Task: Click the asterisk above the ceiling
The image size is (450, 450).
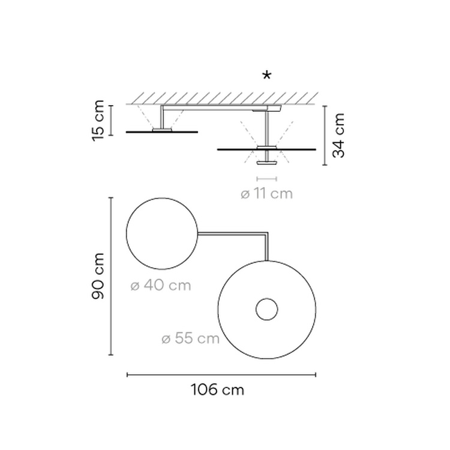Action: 267,76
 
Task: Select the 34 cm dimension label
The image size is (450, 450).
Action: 338,136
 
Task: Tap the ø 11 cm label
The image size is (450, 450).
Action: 266,194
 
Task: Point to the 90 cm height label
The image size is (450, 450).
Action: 98,276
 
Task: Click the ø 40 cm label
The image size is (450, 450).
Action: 161,286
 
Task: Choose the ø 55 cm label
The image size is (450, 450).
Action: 191,338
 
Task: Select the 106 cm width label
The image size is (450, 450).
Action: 218,390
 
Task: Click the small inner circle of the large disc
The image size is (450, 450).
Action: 266,298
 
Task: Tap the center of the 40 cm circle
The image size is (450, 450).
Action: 162,233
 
